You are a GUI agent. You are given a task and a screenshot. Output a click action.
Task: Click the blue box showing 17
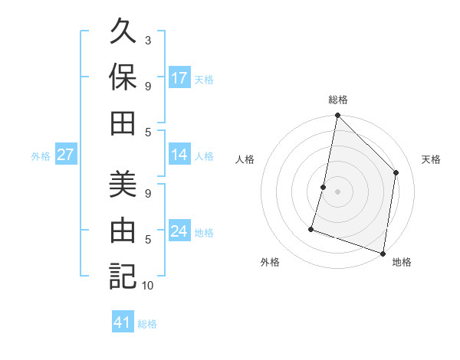[x=179, y=78]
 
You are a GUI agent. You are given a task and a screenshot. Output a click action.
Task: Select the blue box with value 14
[x=179, y=155]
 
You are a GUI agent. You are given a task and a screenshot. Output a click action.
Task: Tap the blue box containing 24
[x=179, y=231]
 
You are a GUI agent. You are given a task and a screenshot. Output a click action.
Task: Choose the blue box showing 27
[x=65, y=155]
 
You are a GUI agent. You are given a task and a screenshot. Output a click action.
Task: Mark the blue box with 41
[x=123, y=322]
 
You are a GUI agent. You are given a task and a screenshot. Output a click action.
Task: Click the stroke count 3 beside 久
[x=148, y=40]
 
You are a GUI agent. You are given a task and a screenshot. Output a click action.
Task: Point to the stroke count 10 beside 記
[x=149, y=286]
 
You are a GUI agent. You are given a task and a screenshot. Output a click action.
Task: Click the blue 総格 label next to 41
[x=147, y=324]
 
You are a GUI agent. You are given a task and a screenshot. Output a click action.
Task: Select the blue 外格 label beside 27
[x=41, y=156]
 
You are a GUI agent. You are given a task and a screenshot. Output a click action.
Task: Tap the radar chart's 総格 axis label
[x=338, y=100]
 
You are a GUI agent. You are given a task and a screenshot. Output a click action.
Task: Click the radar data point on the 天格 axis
[x=396, y=172]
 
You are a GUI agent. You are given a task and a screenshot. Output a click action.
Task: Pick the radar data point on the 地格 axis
[x=383, y=253]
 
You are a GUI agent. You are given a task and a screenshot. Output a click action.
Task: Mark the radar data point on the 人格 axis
[x=324, y=187]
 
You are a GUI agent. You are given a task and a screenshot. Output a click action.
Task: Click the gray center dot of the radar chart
[x=337, y=191]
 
